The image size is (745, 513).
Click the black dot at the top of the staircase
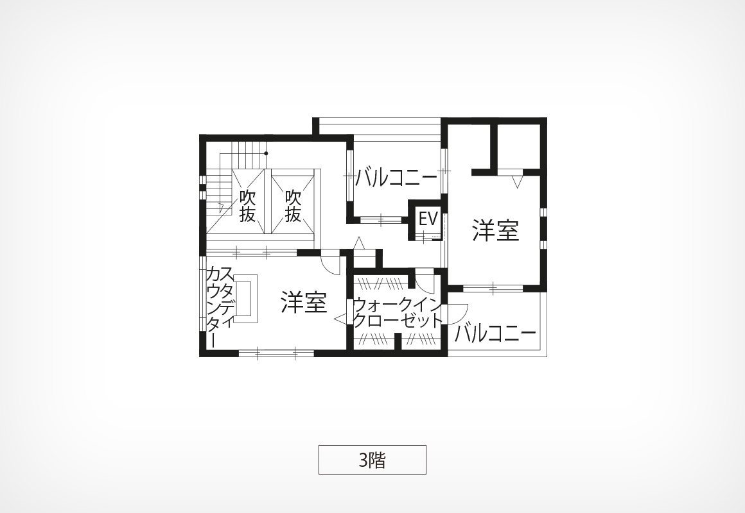[266, 153]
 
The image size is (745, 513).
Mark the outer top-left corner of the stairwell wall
[200, 135]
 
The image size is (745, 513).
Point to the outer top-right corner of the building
[547, 118]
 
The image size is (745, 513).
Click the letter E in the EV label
[423, 219]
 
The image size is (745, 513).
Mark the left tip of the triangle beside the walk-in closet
[335, 319]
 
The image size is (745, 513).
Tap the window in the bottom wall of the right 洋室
[493, 287]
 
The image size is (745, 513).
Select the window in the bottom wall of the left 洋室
[276, 353]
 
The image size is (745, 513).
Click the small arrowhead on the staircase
[221, 206]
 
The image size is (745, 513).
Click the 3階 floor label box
[372, 459]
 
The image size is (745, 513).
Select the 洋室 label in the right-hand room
[495, 230]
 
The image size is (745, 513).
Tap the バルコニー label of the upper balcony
[396, 178]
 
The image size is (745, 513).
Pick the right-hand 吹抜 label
[293, 206]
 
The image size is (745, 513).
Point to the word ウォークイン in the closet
[398, 305]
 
